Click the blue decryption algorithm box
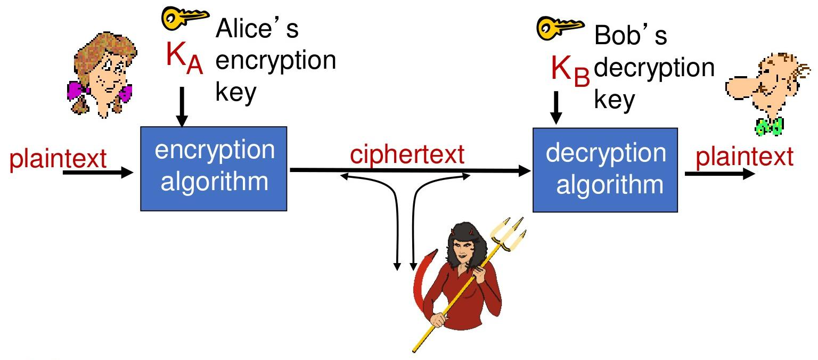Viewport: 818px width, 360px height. tap(606, 169)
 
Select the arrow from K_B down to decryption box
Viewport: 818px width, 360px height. tap(556, 108)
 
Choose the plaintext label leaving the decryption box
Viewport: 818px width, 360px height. tap(745, 158)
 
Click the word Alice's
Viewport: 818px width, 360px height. tap(257, 29)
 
